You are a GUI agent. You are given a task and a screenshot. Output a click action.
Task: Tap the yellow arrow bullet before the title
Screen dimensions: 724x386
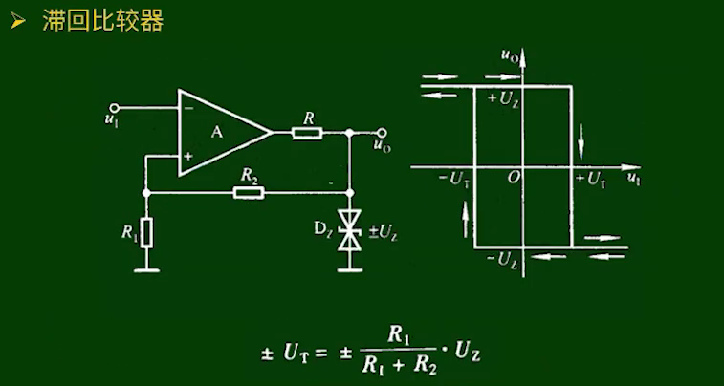click(17, 22)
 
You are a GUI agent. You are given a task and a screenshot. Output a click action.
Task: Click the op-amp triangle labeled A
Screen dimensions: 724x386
click(220, 133)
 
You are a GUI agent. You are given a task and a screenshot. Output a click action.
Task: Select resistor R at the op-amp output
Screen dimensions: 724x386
click(307, 132)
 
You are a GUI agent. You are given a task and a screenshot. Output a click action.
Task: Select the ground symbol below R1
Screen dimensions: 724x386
click(146, 268)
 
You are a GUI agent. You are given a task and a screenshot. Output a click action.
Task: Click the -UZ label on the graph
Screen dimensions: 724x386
click(503, 259)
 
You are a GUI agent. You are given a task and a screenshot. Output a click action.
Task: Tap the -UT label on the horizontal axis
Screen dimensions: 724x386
click(453, 180)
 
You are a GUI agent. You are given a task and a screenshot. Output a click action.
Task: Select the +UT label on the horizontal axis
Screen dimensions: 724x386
click(590, 180)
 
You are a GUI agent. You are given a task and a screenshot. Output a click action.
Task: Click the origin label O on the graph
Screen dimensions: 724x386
click(515, 179)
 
